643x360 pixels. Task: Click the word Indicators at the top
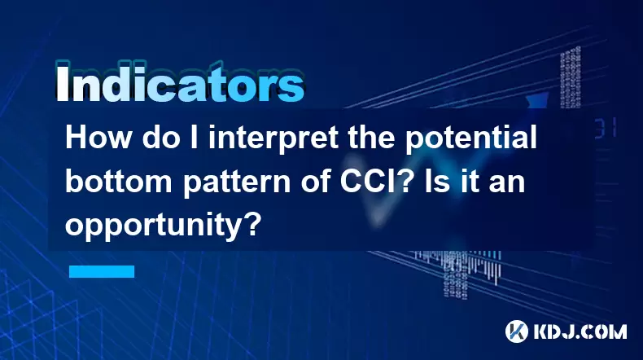pyautogui.click(x=180, y=81)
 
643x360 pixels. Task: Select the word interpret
pyautogui.click(x=273, y=139)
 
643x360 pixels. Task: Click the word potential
pyautogui.click(x=471, y=139)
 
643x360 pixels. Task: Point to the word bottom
pyautogui.click(x=119, y=181)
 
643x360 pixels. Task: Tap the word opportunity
pyautogui.click(x=155, y=226)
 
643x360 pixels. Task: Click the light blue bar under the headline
pyautogui.click(x=102, y=271)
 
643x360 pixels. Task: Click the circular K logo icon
pyautogui.click(x=517, y=331)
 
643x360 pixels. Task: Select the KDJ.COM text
pyautogui.click(x=580, y=331)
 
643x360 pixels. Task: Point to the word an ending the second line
pyautogui.click(x=509, y=184)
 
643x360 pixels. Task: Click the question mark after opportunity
pyautogui.click(x=254, y=224)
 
